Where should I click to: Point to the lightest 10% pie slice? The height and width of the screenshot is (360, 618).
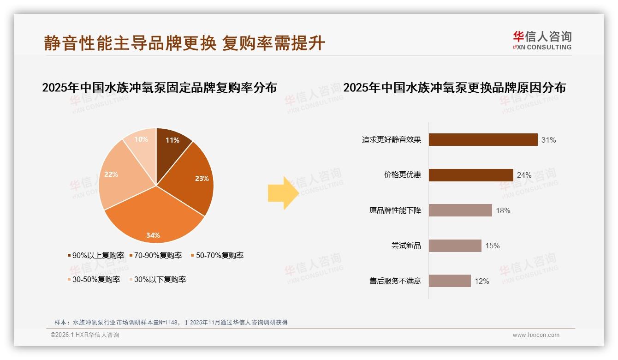(141, 143)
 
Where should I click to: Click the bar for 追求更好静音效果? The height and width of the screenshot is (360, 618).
(483, 139)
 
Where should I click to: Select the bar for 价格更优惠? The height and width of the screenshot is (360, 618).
(471, 175)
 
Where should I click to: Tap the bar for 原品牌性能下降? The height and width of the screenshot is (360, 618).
(460, 210)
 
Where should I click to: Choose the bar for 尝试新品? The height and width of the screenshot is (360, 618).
(455, 246)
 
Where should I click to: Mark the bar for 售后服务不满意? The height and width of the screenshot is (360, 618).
(450, 281)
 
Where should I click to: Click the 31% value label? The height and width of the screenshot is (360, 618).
(549, 140)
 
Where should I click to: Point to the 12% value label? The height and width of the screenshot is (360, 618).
(482, 281)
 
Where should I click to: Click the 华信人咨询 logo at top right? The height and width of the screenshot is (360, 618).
(542, 40)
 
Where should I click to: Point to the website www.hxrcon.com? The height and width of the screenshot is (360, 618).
(536, 335)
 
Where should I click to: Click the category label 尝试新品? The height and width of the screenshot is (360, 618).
(406, 246)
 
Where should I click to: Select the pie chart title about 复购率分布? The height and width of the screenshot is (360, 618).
(160, 87)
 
